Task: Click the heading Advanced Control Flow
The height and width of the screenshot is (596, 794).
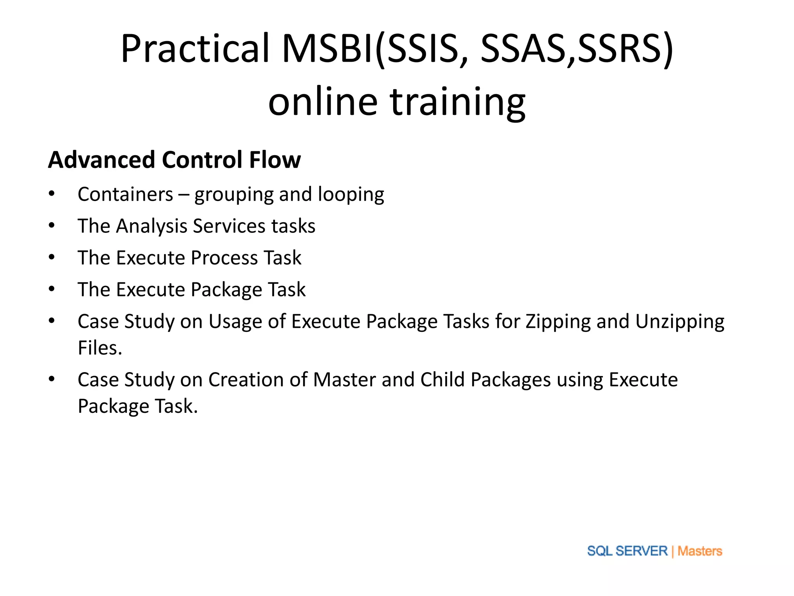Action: pyautogui.click(x=174, y=160)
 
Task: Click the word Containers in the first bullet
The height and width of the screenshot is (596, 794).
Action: pyautogui.click(x=125, y=194)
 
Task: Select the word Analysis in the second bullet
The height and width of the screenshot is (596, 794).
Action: pyautogui.click(x=152, y=226)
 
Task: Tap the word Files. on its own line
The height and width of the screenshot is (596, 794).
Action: pyautogui.click(x=100, y=348)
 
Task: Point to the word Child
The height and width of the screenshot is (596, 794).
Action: pyautogui.click(x=442, y=380)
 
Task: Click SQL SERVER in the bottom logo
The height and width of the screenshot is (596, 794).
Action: pyautogui.click(x=627, y=551)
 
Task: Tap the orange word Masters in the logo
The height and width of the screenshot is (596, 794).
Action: pyautogui.click(x=699, y=551)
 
